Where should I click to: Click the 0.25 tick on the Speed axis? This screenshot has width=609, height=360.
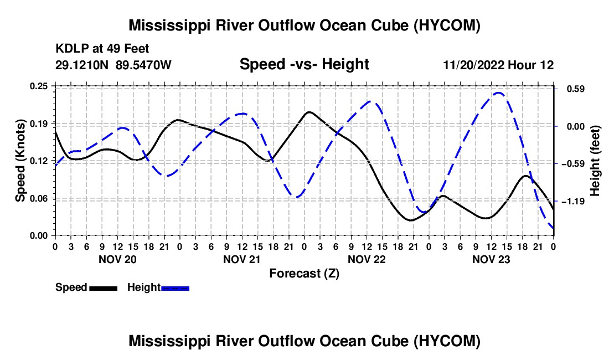[38, 86]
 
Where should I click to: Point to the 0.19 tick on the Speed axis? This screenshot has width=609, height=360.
[38, 124]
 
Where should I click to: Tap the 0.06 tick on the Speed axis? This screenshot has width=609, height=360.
[38, 198]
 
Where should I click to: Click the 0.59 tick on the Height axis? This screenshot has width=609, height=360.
[576, 89]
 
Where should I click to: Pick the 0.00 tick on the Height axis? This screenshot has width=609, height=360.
[576, 127]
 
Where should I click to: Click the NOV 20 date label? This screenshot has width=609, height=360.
[117, 259]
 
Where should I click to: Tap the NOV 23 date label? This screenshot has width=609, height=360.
[491, 259]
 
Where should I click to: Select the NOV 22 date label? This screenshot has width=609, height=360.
[367, 259]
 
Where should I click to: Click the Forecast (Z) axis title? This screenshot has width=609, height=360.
[304, 274]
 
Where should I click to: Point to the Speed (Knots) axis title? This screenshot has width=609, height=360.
[20, 161]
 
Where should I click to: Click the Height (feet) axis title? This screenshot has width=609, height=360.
[595, 161]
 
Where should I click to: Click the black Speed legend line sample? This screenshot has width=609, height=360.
[104, 289]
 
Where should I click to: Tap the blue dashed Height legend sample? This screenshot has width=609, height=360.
[175, 289]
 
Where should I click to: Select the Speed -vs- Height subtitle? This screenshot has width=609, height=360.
[304, 64]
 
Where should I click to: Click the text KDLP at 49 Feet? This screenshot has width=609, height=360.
[102, 49]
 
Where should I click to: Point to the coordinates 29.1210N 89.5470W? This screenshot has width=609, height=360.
[113, 65]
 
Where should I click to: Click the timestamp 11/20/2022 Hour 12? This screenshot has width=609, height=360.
[498, 65]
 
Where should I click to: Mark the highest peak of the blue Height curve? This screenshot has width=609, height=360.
[499, 93]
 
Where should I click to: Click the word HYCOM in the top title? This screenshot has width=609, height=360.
[447, 25]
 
